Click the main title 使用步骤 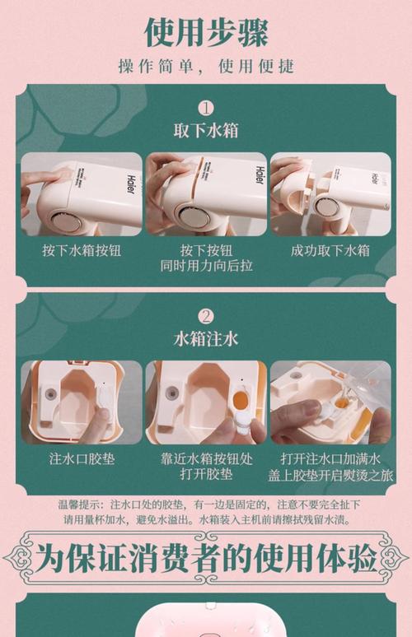coord(206,31)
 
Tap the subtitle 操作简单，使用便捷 coord(206,66)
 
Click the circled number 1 coord(205,108)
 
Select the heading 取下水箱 coord(206,131)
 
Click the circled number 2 coord(205,315)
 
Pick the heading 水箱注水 coord(206,337)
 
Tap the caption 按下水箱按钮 coord(82,249)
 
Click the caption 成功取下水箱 coord(330,249)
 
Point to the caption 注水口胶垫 coord(82,458)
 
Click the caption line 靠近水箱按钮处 coord(206,458)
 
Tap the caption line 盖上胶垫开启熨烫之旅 coord(330,475)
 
